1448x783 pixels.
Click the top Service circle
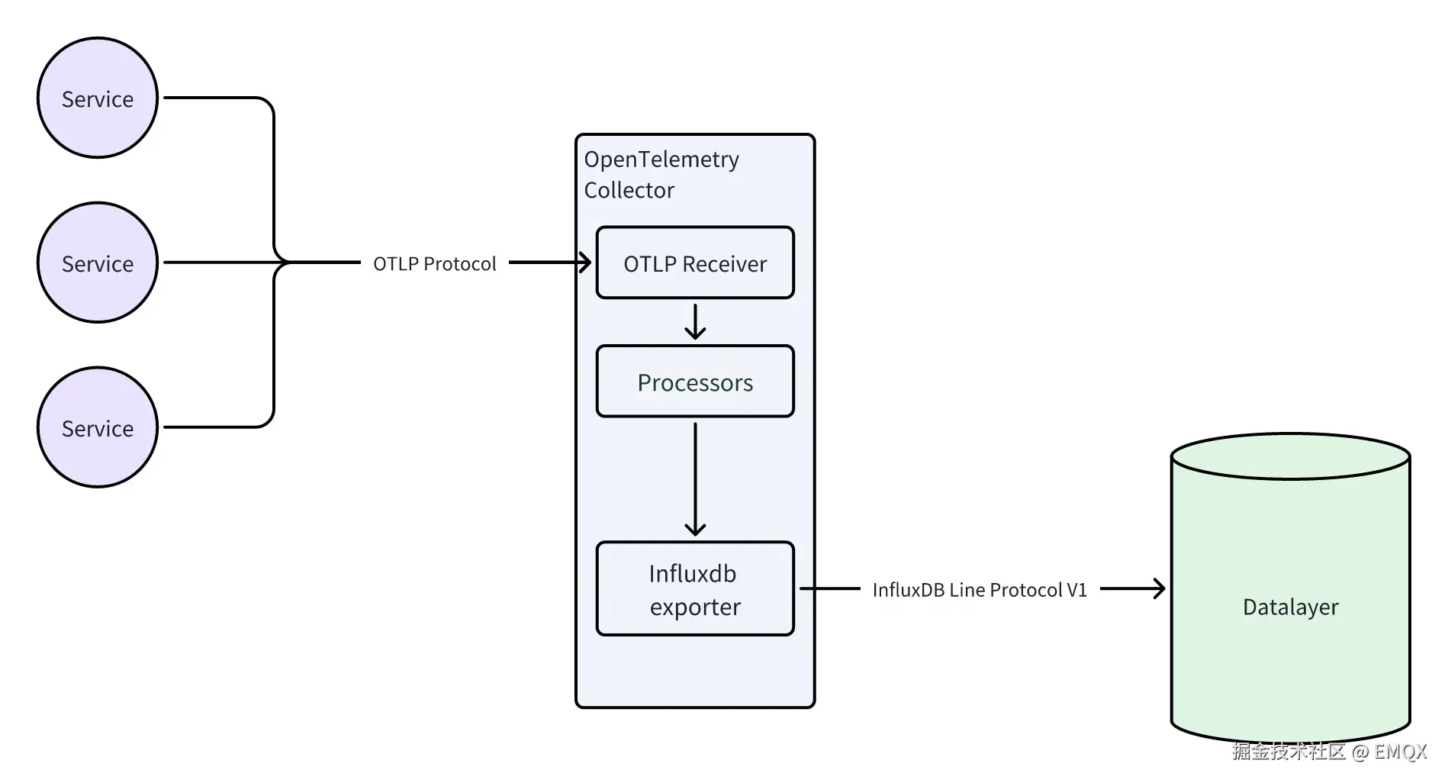point(98,98)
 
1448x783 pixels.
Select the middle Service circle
point(98,263)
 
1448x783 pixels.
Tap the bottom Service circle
point(98,428)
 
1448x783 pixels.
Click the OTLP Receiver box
point(695,263)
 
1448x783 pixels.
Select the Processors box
point(695,382)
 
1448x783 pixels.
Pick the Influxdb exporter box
point(695,588)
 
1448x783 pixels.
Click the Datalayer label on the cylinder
point(1290,607)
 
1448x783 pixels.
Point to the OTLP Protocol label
point(434,264)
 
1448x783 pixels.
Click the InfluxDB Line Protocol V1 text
point(980,590)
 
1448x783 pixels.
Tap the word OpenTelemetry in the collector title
point(661,159)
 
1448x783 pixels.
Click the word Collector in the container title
point(629,190)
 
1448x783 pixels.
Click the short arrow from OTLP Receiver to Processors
point(695,322)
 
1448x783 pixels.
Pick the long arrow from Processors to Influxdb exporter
point(695,477)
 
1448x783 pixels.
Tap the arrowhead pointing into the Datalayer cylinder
point(1160,588)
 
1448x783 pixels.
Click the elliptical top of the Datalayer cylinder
point(1290,457)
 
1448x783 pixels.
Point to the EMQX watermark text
point(1400,752)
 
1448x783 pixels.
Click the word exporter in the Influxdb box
point(695,607)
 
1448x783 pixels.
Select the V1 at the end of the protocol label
point(1076,590)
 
